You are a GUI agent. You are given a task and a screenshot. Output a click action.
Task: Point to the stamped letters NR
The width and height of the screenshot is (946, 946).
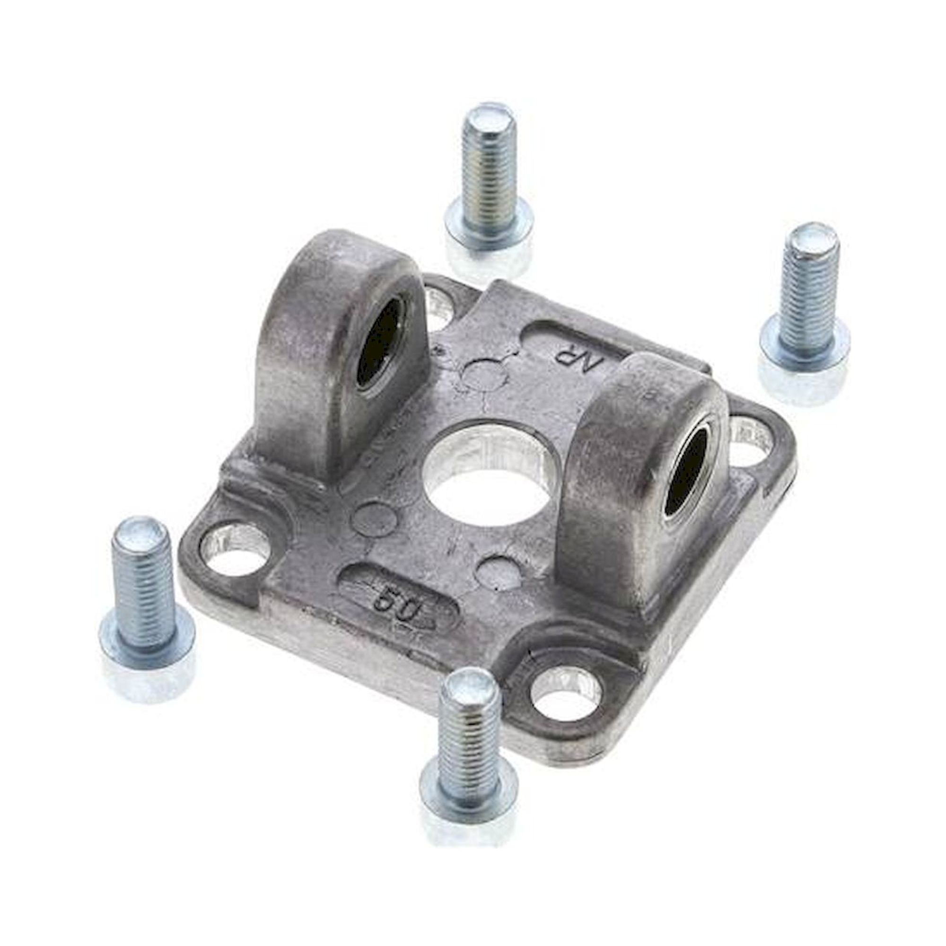tap(571, 362)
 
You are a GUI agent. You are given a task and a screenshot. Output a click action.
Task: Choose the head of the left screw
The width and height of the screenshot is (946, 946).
tap(147, 641)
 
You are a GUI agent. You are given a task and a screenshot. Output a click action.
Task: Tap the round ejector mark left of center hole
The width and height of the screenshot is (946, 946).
tap(375, 514)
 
